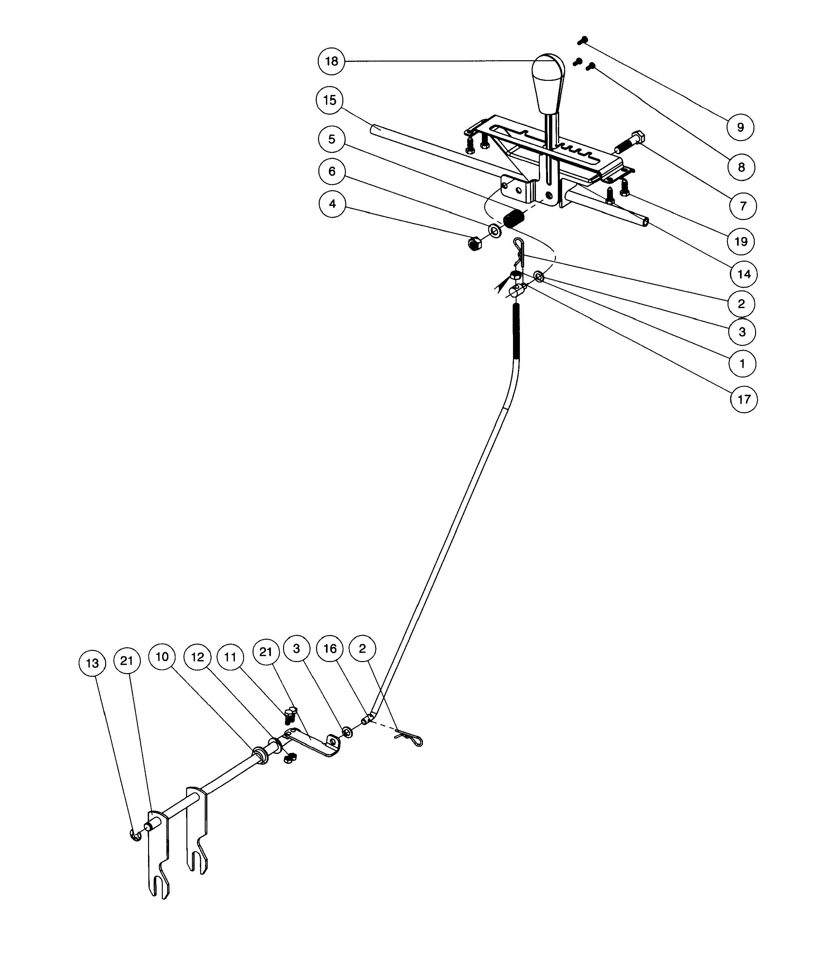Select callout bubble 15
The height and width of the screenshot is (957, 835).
tap(330, 100)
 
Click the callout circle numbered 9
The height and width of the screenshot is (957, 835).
tap(740, 127)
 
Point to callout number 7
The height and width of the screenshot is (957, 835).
tap(743, 206)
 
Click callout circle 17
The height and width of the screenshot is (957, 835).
tap(744, 399)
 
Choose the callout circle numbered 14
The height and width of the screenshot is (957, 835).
tap(744, 274)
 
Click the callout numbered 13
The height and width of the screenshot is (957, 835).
tap(92, 663)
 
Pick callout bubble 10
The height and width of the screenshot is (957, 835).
tap(162, 657)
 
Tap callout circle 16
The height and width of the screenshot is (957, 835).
tap(330, 649)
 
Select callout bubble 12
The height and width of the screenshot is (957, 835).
tap(197, 657)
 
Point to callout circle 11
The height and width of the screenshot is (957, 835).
tap(230, 657)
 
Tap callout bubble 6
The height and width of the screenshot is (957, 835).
tap(332, 171)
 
